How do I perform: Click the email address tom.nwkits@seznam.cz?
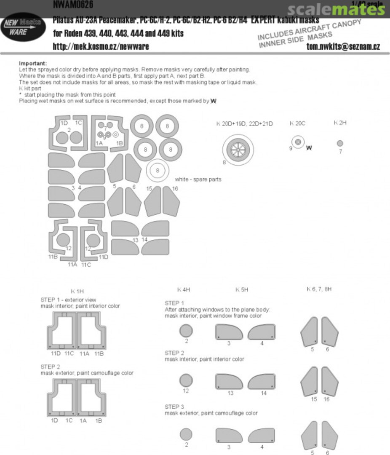coord(343,47)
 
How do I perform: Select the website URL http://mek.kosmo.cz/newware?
coord(101,46)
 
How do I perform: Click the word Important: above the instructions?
coord(33,63)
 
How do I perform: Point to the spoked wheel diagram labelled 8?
coord(238,149)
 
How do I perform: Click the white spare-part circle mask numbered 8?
coord(158,171)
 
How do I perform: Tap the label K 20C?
coord(297,123)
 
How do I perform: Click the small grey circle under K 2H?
coord(340,143)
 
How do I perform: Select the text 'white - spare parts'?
coord(198,179)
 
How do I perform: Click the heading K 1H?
coord(77,291)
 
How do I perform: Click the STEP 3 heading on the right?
coord(174,406)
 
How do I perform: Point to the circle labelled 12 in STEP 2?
coord(186,381)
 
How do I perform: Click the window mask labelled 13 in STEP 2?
coord(229,382)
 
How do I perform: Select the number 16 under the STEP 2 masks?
coord(327,399)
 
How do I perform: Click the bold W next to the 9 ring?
coord(309,148)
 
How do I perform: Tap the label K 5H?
coord(242,290)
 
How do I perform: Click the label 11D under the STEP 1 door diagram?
coord(56,353)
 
